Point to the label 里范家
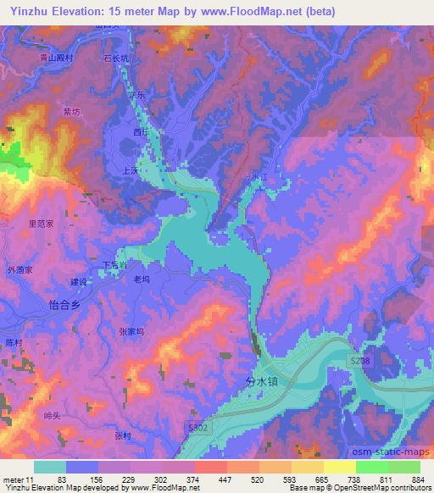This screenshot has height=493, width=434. click(x=42, y=224)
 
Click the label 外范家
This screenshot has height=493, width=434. click(x=19, y=270)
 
